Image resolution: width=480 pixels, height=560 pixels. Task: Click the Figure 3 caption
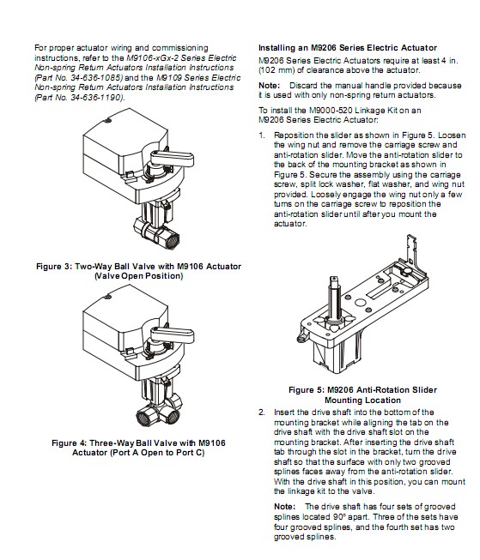[x=138, y=271]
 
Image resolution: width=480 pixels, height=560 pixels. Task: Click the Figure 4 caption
[x=138, y=448]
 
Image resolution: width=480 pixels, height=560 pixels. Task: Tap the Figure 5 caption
[x=362, y=395]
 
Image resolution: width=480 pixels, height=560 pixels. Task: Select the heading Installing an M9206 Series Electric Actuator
[x=348, y=48]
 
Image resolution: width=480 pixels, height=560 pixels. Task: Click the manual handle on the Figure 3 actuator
[x=172, y=158]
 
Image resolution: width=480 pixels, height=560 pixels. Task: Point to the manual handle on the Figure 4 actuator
[x=172, y=335]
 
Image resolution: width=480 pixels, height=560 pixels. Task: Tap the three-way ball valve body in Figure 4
[x=158, y=410]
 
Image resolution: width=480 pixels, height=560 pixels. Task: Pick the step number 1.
[x=262, y=135]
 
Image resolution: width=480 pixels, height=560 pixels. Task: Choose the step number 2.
[x=262, y=412]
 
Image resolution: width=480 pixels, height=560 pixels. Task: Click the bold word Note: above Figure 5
[x=269, y=86]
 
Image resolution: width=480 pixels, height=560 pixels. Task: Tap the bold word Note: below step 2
[x=285, y=507]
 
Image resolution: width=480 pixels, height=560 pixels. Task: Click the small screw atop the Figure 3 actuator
[x=107, y=120]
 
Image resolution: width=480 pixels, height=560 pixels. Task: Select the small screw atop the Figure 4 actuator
[x=107, y=297]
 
